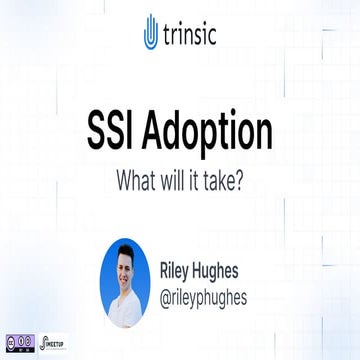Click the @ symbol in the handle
click(168, 294)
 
